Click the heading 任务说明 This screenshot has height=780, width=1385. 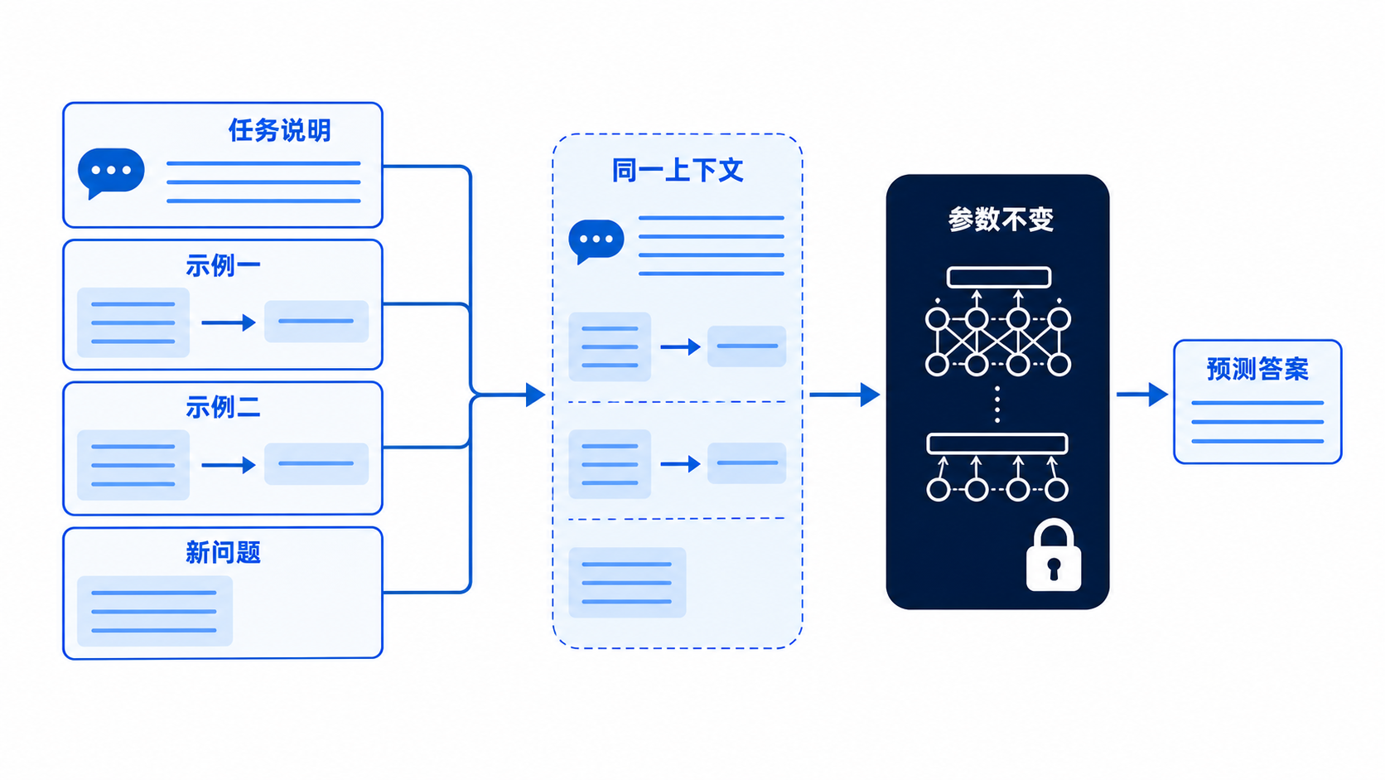[x=279, y=130]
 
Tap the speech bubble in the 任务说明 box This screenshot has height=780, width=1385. [x=111, y=172]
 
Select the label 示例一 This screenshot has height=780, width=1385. [x=223, y=266]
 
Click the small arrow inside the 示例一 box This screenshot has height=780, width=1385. [x=228, y=322]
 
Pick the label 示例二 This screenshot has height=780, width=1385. [x=223, y=408]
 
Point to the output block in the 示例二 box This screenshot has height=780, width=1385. [x=316, y=463]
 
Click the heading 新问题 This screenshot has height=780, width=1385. [x=223, y=552]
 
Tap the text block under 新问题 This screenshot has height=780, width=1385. [x=155, y=611]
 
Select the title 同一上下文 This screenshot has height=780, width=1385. [x=677, y=170]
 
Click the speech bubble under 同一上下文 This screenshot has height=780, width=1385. [x=596, y=240]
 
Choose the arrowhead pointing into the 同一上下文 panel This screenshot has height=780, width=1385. [x=535, y=395]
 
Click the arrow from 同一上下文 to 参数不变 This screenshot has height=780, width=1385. [x=845, y=395]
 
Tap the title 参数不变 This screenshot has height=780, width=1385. [x=1001, y=220]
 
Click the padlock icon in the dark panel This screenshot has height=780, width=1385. [x=1054, y=555]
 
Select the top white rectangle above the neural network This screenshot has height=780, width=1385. [x=998, y=277]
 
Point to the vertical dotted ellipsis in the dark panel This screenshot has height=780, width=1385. [x=997, y=405]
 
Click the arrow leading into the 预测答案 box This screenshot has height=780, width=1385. [x=1142, y=394]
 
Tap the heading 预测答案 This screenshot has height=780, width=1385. [x=1257, y=370]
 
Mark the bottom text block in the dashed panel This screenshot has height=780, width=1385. [x=627, y=582]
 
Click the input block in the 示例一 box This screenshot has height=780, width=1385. [x=133, y=322]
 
